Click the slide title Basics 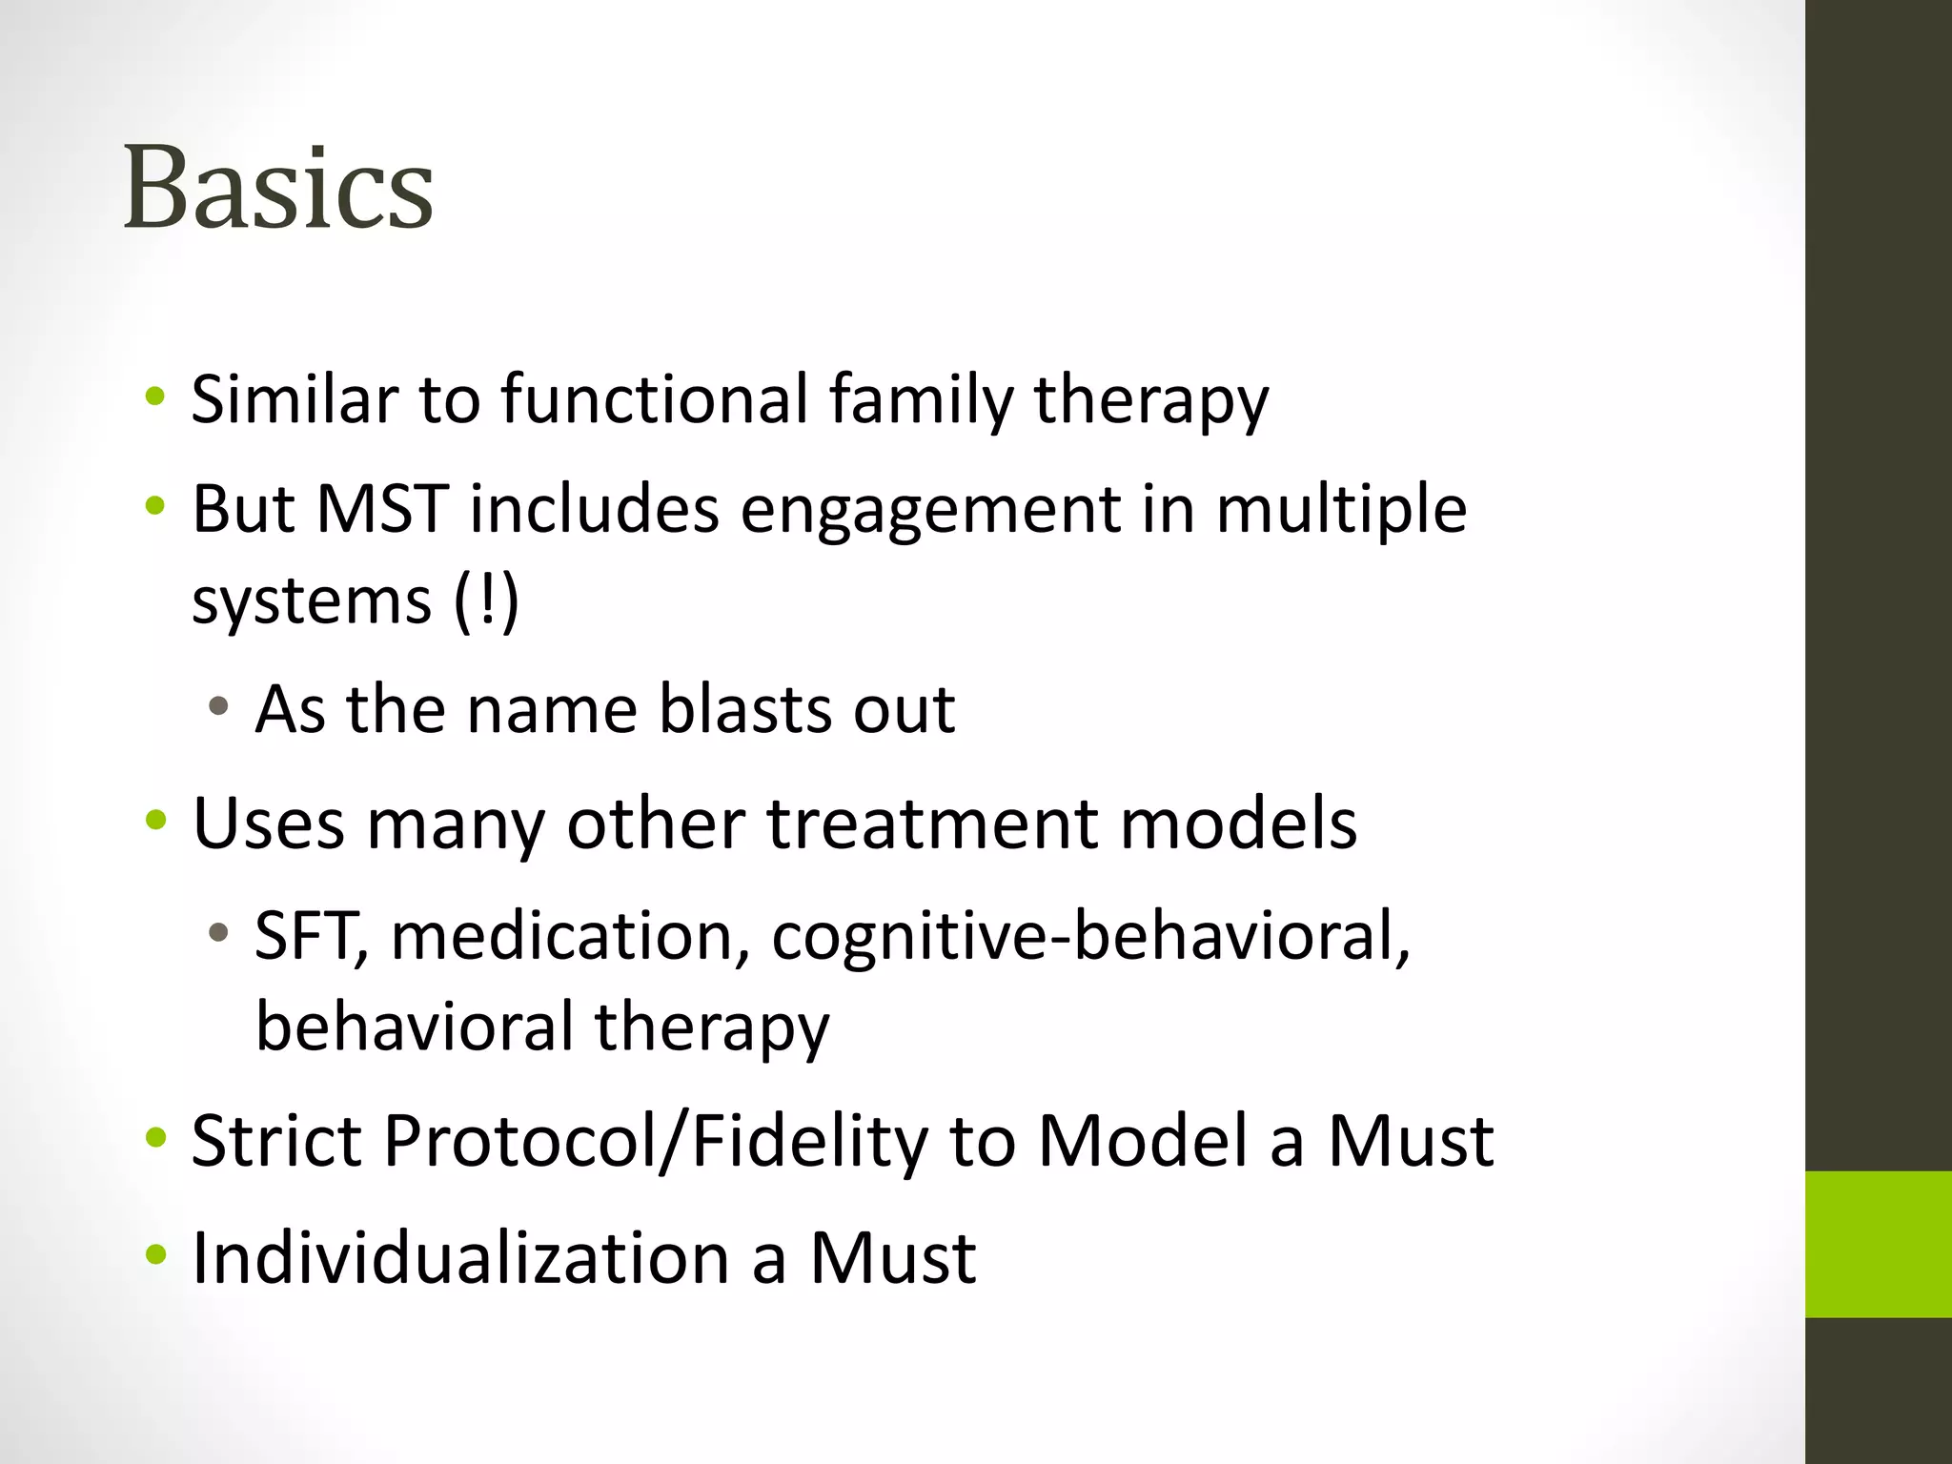[278, 188]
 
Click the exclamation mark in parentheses [487, 600]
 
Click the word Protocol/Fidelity [655, 1141]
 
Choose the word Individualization [460, 1257]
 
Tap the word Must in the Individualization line [892, 1257]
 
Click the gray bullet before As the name [219, 706]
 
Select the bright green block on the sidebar [1878, 1244]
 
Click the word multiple [1341, 510]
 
